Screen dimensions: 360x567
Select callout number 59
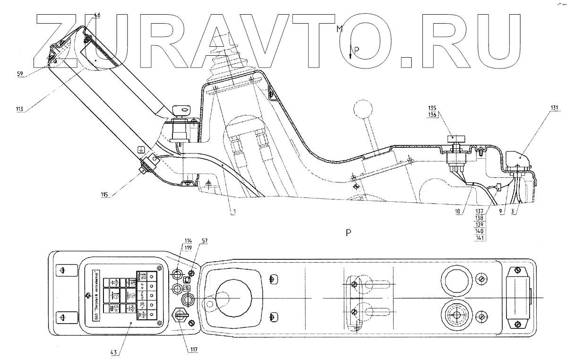click(21, 73)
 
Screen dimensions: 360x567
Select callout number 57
click(204, 241)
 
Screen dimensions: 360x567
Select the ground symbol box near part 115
click(140, 150)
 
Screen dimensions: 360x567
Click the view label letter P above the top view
click(348, 232)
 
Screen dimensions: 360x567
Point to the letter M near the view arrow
click(339, 29)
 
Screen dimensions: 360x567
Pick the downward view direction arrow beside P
click(351, 51)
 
